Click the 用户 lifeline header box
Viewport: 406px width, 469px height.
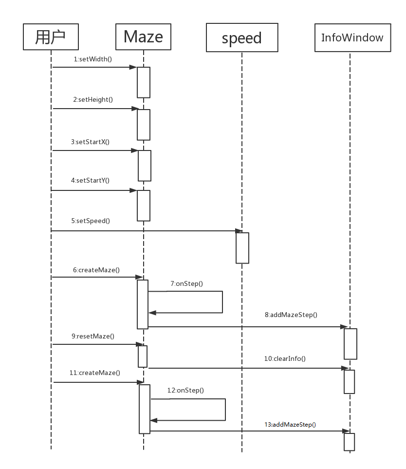coord(51,37)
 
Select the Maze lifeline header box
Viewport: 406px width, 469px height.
coord(143,37)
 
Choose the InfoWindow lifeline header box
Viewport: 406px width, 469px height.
coord(352,38)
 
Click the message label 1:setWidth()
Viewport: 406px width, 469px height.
coord(93,59)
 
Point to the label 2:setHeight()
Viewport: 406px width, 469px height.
coord(93,99)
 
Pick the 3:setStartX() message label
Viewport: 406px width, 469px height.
coord(90,142)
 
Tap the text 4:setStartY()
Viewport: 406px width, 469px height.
coord(90,180)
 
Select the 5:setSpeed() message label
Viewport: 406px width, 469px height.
coord(91,221)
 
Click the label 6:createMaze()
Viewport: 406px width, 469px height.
coord(96,269)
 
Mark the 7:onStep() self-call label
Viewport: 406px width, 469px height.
coord(186,283)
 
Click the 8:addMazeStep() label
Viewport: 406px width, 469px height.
coord(291,315)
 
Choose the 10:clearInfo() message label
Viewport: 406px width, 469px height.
coord(285,358)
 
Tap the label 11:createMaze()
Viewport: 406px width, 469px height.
coord(94,373)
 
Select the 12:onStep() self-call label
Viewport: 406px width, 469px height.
coord(185,390)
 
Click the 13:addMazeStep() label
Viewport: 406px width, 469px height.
coord(290,424)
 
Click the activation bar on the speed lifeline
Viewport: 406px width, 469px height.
coord(242,248)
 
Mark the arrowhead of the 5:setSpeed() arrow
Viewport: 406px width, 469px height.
coord(239,231)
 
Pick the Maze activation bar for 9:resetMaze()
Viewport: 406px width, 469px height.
coord(143,356)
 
